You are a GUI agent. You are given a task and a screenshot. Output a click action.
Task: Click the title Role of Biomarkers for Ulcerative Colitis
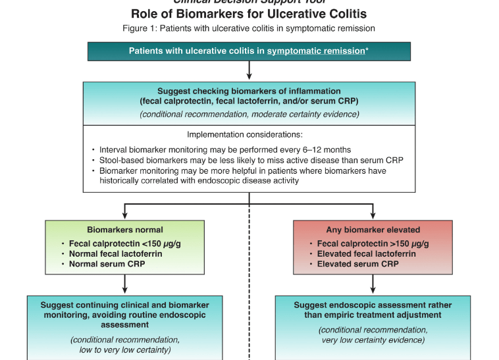[x=249, y=13]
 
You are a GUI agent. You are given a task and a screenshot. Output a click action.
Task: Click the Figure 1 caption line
[x=249, y=28]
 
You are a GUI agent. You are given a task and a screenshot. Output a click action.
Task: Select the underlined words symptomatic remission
[x=315, y=51]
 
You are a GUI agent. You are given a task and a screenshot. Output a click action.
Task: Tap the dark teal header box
[x=249, y=51]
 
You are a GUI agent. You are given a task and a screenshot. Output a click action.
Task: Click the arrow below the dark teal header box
[x=249, y=70]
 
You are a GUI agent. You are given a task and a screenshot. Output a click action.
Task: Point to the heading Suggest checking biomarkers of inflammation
[x=249, y=91]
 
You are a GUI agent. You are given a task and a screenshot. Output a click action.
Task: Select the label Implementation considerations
[x=249, y=134]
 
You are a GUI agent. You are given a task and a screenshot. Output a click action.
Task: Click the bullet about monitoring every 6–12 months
[x=224, y=149]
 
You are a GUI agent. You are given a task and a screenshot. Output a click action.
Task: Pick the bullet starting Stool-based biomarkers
[x=250, y=160]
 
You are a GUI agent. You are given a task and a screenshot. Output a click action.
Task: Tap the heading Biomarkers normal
[x=125, y=230]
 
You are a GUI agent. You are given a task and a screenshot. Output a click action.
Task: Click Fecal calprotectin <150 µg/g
[x=124, y=244]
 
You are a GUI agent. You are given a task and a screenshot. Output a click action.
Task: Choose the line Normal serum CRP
[x=109, y=264]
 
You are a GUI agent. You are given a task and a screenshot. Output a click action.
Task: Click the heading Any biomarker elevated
[x=373, y=230]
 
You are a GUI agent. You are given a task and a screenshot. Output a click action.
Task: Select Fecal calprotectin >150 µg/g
[x=373, y=244]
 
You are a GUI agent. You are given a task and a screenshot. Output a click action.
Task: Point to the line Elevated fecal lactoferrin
[x=366, y=254]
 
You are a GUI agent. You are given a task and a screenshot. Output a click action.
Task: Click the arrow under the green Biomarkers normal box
[x=125, y=284]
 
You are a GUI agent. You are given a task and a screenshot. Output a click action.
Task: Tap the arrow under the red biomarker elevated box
[x=373, y=284]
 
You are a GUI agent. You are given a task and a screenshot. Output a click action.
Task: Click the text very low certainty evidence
[x=373, y=340]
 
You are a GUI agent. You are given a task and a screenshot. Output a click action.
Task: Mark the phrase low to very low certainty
[x=125, y=349]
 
